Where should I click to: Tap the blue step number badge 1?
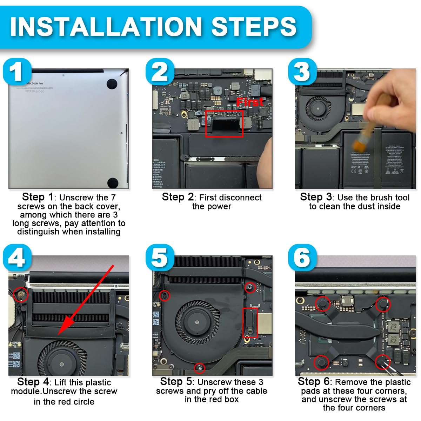17,72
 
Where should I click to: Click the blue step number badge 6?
302,258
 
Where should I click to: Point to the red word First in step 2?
250,102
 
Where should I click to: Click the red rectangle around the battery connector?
224,123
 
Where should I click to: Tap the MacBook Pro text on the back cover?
35,83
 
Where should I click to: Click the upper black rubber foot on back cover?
112,83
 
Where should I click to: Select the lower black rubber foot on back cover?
113,182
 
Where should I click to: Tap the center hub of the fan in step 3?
318,109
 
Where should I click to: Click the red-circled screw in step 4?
20,294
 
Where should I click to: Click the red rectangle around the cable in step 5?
250,322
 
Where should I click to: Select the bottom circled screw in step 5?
200,367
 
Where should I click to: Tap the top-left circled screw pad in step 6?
322,303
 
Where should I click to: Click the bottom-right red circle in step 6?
382,361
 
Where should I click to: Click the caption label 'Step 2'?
178,197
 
